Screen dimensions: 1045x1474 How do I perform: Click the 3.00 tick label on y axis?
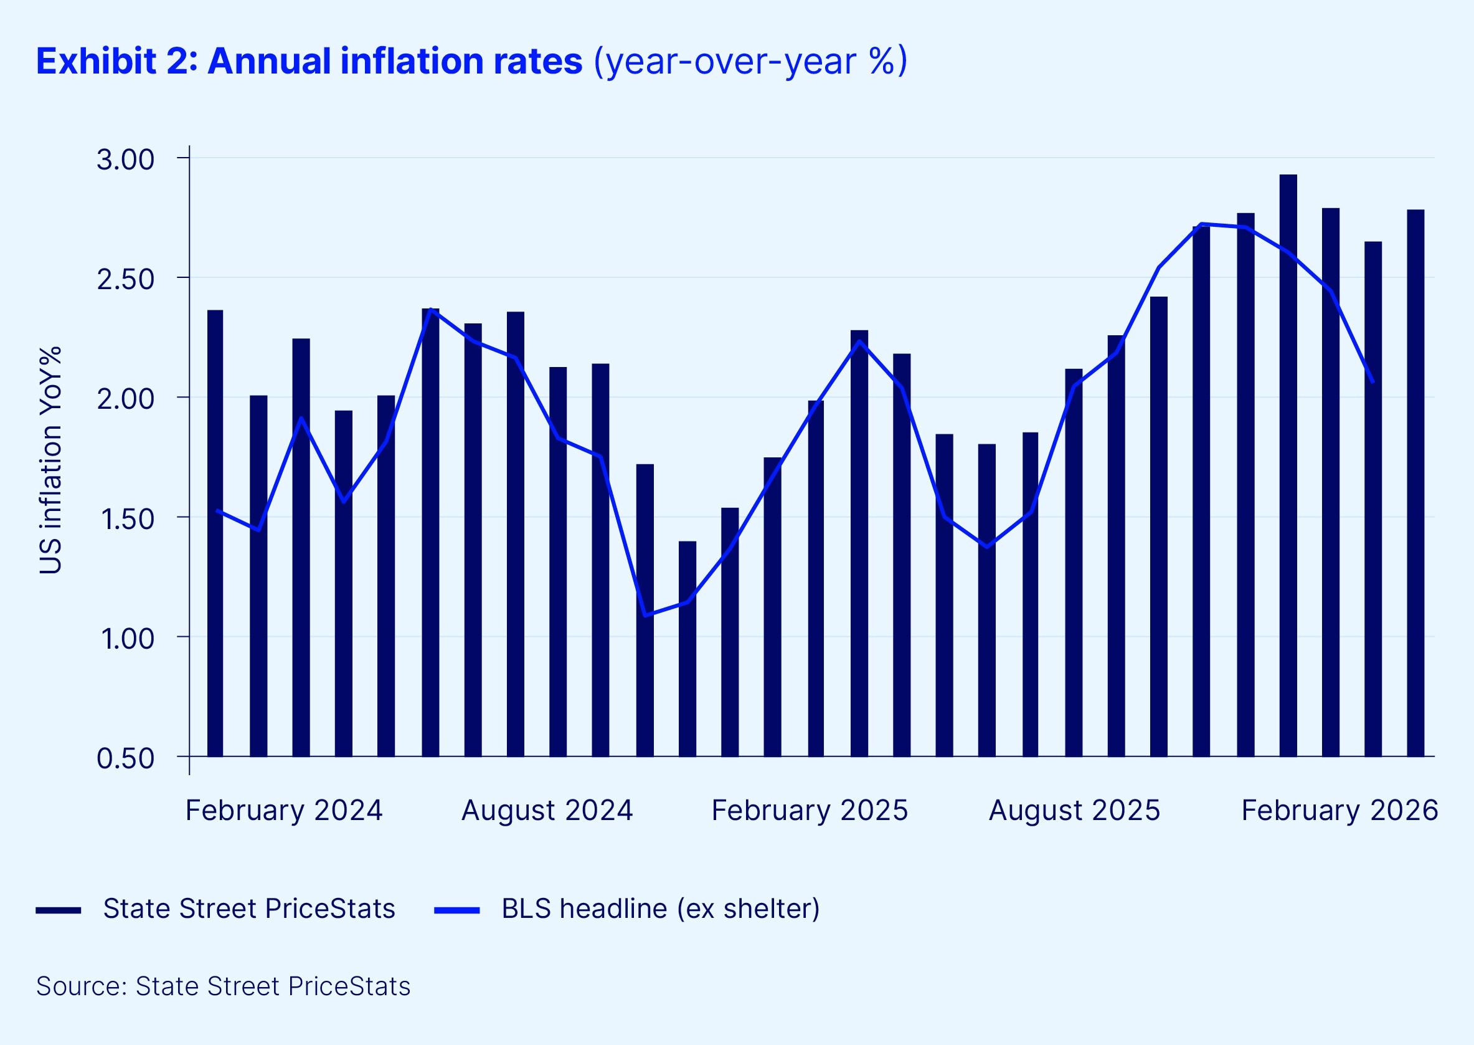125,160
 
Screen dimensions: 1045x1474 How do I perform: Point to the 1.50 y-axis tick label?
127,519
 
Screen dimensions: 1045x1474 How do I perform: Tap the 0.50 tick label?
125,758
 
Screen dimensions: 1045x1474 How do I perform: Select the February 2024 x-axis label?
283,810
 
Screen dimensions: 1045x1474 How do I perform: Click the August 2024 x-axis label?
547,810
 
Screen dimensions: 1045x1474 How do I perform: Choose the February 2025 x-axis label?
809,810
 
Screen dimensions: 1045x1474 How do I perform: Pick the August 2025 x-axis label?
1074,810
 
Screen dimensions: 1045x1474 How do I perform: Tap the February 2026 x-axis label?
1339,810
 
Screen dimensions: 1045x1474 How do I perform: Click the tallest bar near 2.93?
1288,463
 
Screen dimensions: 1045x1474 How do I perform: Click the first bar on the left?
215,534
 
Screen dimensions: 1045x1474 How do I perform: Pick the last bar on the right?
1415,482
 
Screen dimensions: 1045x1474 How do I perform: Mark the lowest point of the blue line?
645,615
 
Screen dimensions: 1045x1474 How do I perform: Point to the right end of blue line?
1373,383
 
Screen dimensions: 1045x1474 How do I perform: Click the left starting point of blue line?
217,511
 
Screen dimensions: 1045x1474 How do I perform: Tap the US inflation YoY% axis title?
50,460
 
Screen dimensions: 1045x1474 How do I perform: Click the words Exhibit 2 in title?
116,62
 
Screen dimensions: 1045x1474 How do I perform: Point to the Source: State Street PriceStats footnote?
223,986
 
